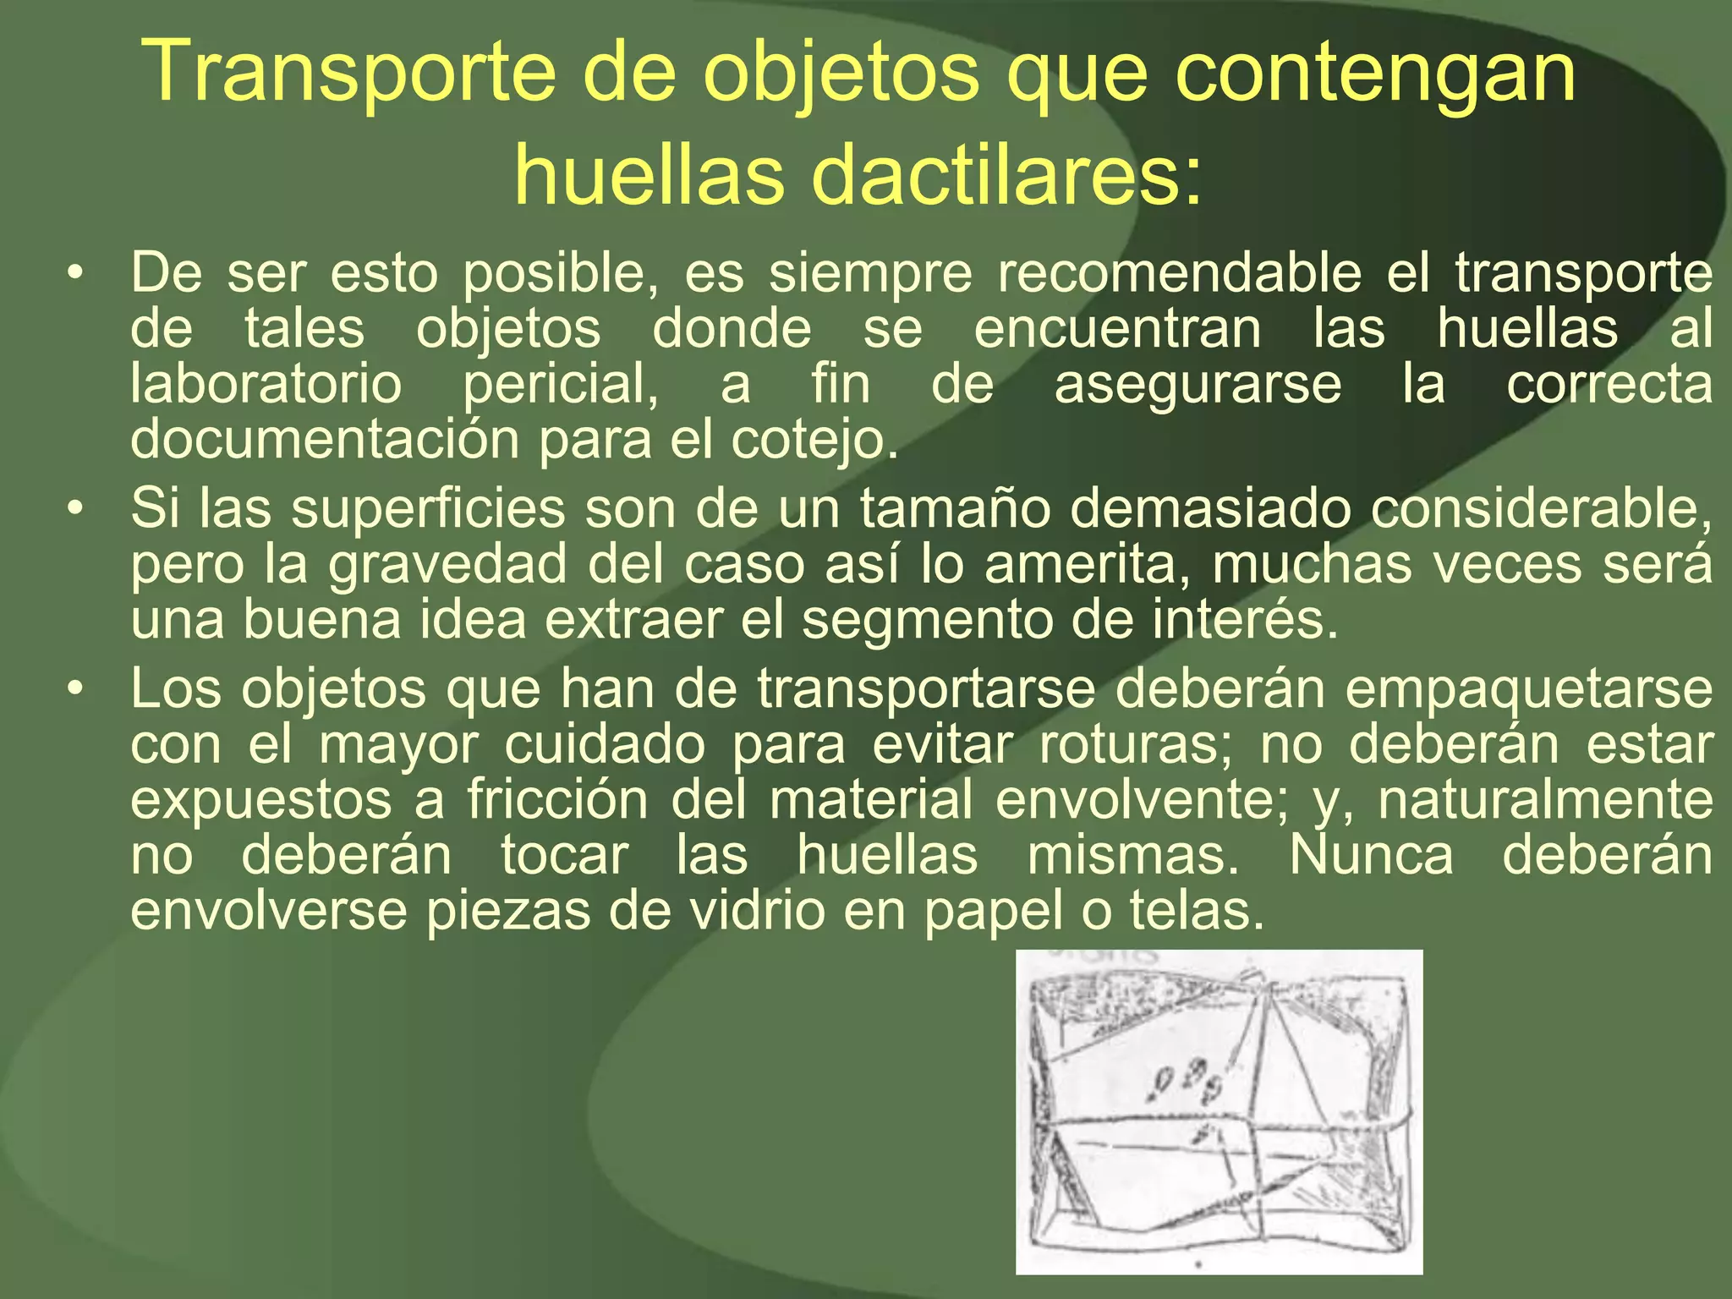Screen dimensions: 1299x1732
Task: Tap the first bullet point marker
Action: pyautogui.click(x=76, y=273)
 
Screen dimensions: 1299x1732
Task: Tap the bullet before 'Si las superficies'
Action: pyautogui.click(x=76, y=509)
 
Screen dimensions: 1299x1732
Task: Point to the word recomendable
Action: pyautogui.click(x=1179, y=273)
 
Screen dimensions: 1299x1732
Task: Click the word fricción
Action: pyautogui.click(x=557, y=800)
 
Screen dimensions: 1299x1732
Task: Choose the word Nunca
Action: pyautogui.click(x=1371, y=855)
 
